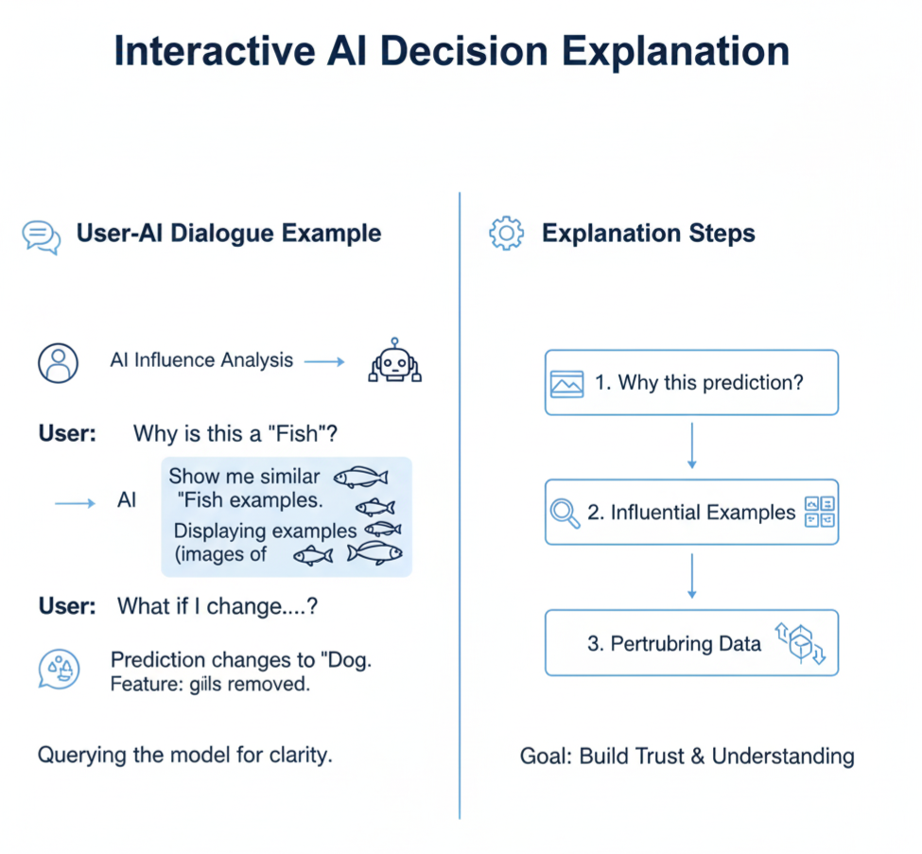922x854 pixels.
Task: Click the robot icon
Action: pos(394,363)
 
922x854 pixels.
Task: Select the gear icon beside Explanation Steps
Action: pos(506,234)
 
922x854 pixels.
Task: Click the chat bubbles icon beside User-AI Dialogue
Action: pos(42,235)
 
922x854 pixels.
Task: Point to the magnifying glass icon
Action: pos(565,513)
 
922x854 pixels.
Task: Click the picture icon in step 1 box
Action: pos(566,383)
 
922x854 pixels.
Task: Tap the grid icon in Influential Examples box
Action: pos(818,512)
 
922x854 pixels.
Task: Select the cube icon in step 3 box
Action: pos(801,643)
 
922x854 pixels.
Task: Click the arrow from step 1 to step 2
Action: pos(691,445)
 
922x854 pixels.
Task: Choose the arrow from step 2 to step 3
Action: pos(691,576)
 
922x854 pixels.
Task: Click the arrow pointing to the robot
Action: pos(324,360)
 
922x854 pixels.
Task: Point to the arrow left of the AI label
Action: pos(75,502)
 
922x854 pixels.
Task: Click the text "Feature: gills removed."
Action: pos(210,684)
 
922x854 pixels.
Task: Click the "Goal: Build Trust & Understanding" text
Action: pos(687,757)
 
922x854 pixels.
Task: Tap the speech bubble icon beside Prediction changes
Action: pos(58,669)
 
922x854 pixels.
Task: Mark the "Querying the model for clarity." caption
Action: pos(185,756)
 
